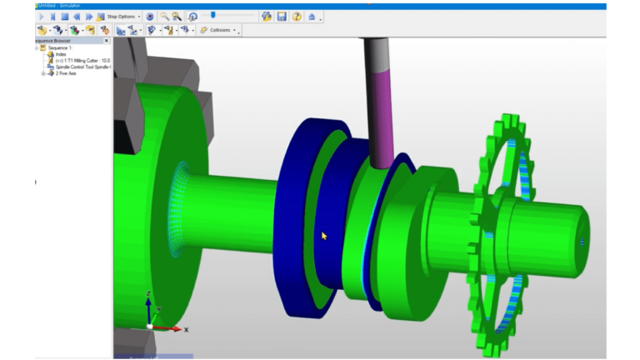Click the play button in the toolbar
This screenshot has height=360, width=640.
tap(41, 16)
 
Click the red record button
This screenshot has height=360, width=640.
tap(150, 16)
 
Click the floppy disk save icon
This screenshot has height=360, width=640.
tap(282, 16)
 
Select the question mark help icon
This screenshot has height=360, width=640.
tap(297, 16)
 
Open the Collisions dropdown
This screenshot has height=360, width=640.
tap(219, 30)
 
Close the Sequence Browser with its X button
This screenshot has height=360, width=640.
tap(106, 40)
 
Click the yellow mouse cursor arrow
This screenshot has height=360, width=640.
tap(324, 236)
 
